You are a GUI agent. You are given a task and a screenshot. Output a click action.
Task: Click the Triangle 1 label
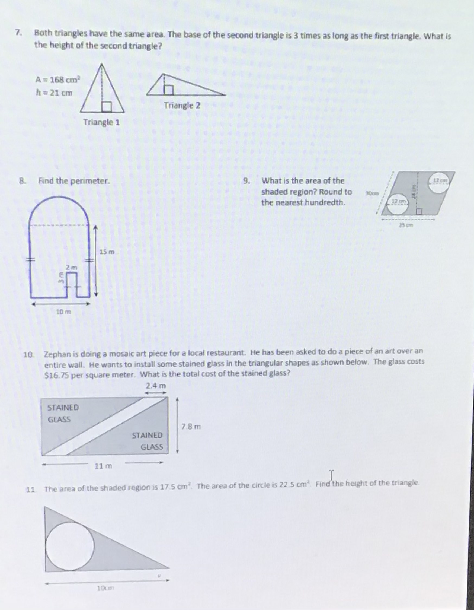pyautogui.click(x=102, y=122)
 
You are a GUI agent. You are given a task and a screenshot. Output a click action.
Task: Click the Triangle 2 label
pyautogui.click(x=182, y=106)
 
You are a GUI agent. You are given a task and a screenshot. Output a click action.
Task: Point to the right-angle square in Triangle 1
pyautogui.click(x=106, y=107)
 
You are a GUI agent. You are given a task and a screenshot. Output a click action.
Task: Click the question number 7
pyautogui.click(x=18, y=33)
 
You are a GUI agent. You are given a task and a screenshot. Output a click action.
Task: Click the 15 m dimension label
pyautogui.click(x=107, y=252)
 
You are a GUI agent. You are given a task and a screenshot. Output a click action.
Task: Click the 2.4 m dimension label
pyautogui.click(x=156, y=386)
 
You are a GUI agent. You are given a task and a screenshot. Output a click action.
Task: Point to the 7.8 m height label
pyautogui.click(x=191, y=427)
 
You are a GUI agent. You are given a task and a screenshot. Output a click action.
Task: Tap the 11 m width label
pyautogui.click(x=103, y=466)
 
